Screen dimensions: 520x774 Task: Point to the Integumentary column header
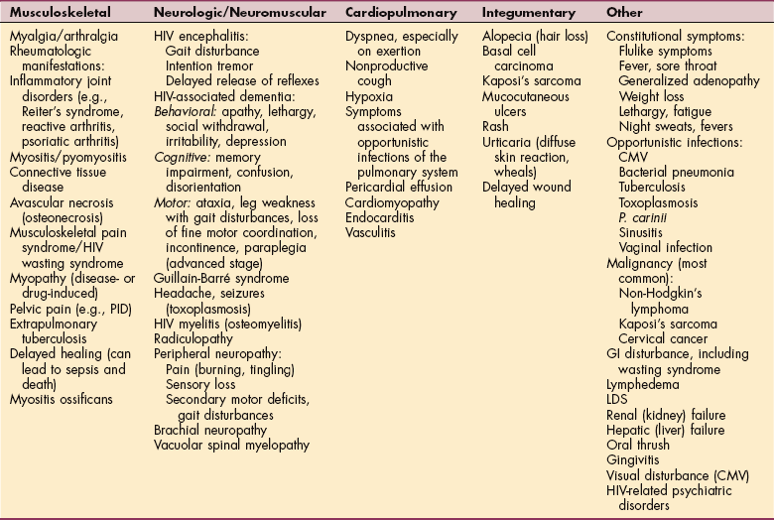[x=525, y=13]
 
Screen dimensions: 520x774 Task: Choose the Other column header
[x=625, y=13]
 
